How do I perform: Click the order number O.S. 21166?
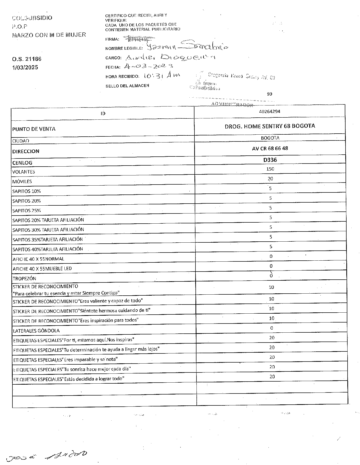tap(26, 59)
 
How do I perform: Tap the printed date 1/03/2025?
tap(25, 67)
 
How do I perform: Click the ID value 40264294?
tap(270, 111)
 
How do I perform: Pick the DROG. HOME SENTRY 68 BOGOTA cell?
tap(270, 126)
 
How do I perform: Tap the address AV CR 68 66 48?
tap(270, 148)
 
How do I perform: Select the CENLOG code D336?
tap(270, 160)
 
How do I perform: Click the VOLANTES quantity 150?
tap(270, 169)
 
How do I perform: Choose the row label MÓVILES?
tap(22, 182)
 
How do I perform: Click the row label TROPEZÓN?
tap(24, 278)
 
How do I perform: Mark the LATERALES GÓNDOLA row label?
tap(36, 331)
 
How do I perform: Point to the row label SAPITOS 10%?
tap(26, 191)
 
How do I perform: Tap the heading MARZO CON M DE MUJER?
tap(49, 35)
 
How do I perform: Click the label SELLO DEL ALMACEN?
tap(127, 86)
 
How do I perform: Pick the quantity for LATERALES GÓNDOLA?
tap(271, 328)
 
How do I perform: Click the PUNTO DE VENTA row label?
tap(34, 129)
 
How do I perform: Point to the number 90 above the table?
tap(269, 94)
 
